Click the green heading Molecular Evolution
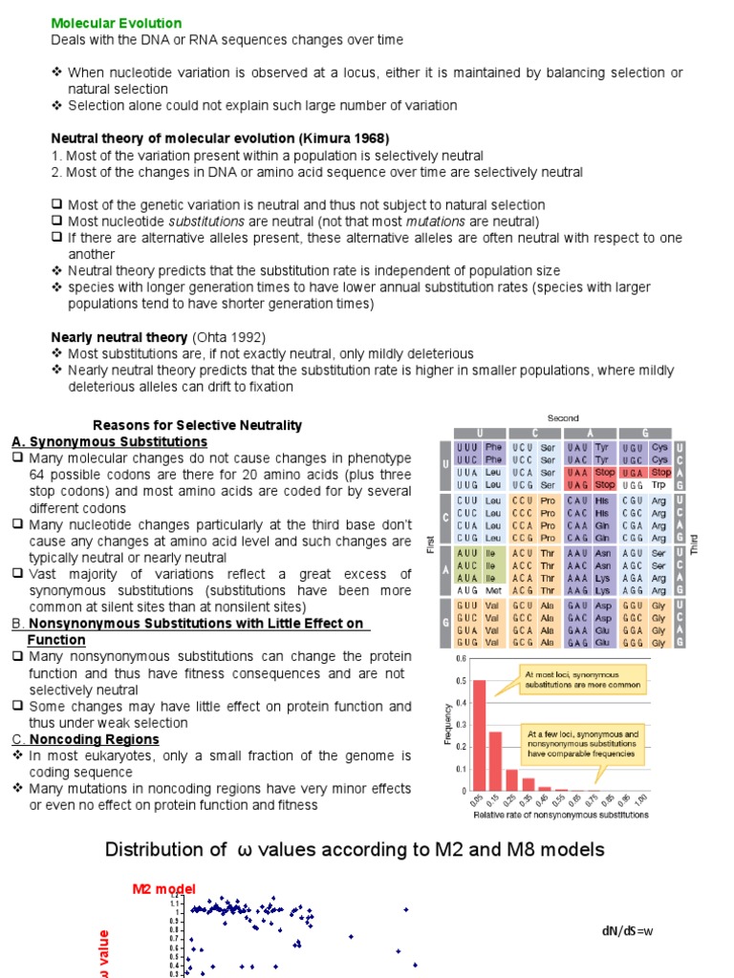click(x=116, y=23)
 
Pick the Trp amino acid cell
click(x=658, y=485)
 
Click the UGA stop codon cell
click(x=633, y=472)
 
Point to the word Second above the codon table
click(x=563, y=418)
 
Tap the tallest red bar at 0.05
click(x=480, y=735)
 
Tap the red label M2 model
click(x=162, y=889)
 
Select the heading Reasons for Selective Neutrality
click(x=197, y=425)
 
